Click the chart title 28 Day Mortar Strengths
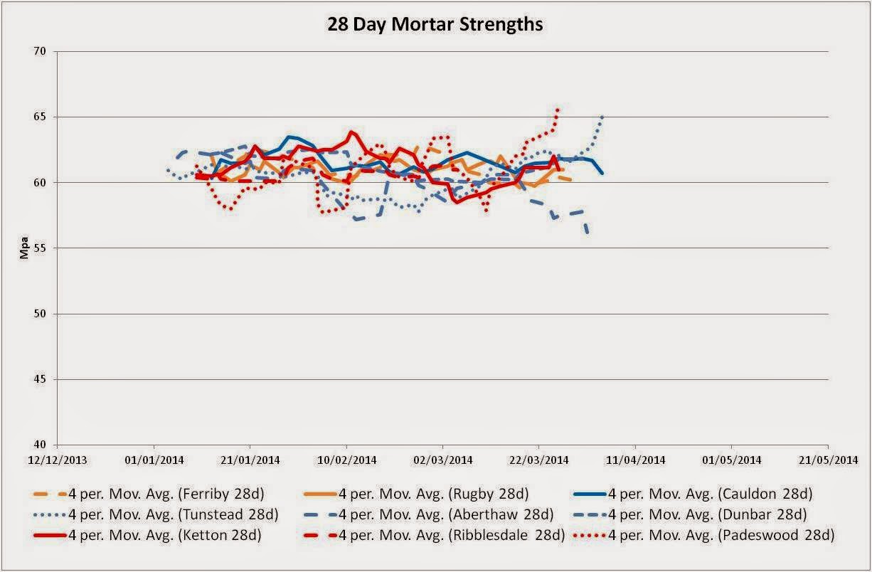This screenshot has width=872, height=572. tap(435, 24)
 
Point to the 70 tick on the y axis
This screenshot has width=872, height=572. tap(39, 52)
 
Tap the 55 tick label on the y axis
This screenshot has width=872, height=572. tap(39, 248)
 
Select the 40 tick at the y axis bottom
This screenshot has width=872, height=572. tap(39, 445)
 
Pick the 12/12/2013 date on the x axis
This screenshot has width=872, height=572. tap(58, 460)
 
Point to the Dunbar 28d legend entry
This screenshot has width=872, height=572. tap(711, 514)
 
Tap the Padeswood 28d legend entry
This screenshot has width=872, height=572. tap(718, 534)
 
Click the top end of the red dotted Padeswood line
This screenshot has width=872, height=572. tap(558, 109)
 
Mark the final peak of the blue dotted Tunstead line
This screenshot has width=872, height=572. tap(602, 116)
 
